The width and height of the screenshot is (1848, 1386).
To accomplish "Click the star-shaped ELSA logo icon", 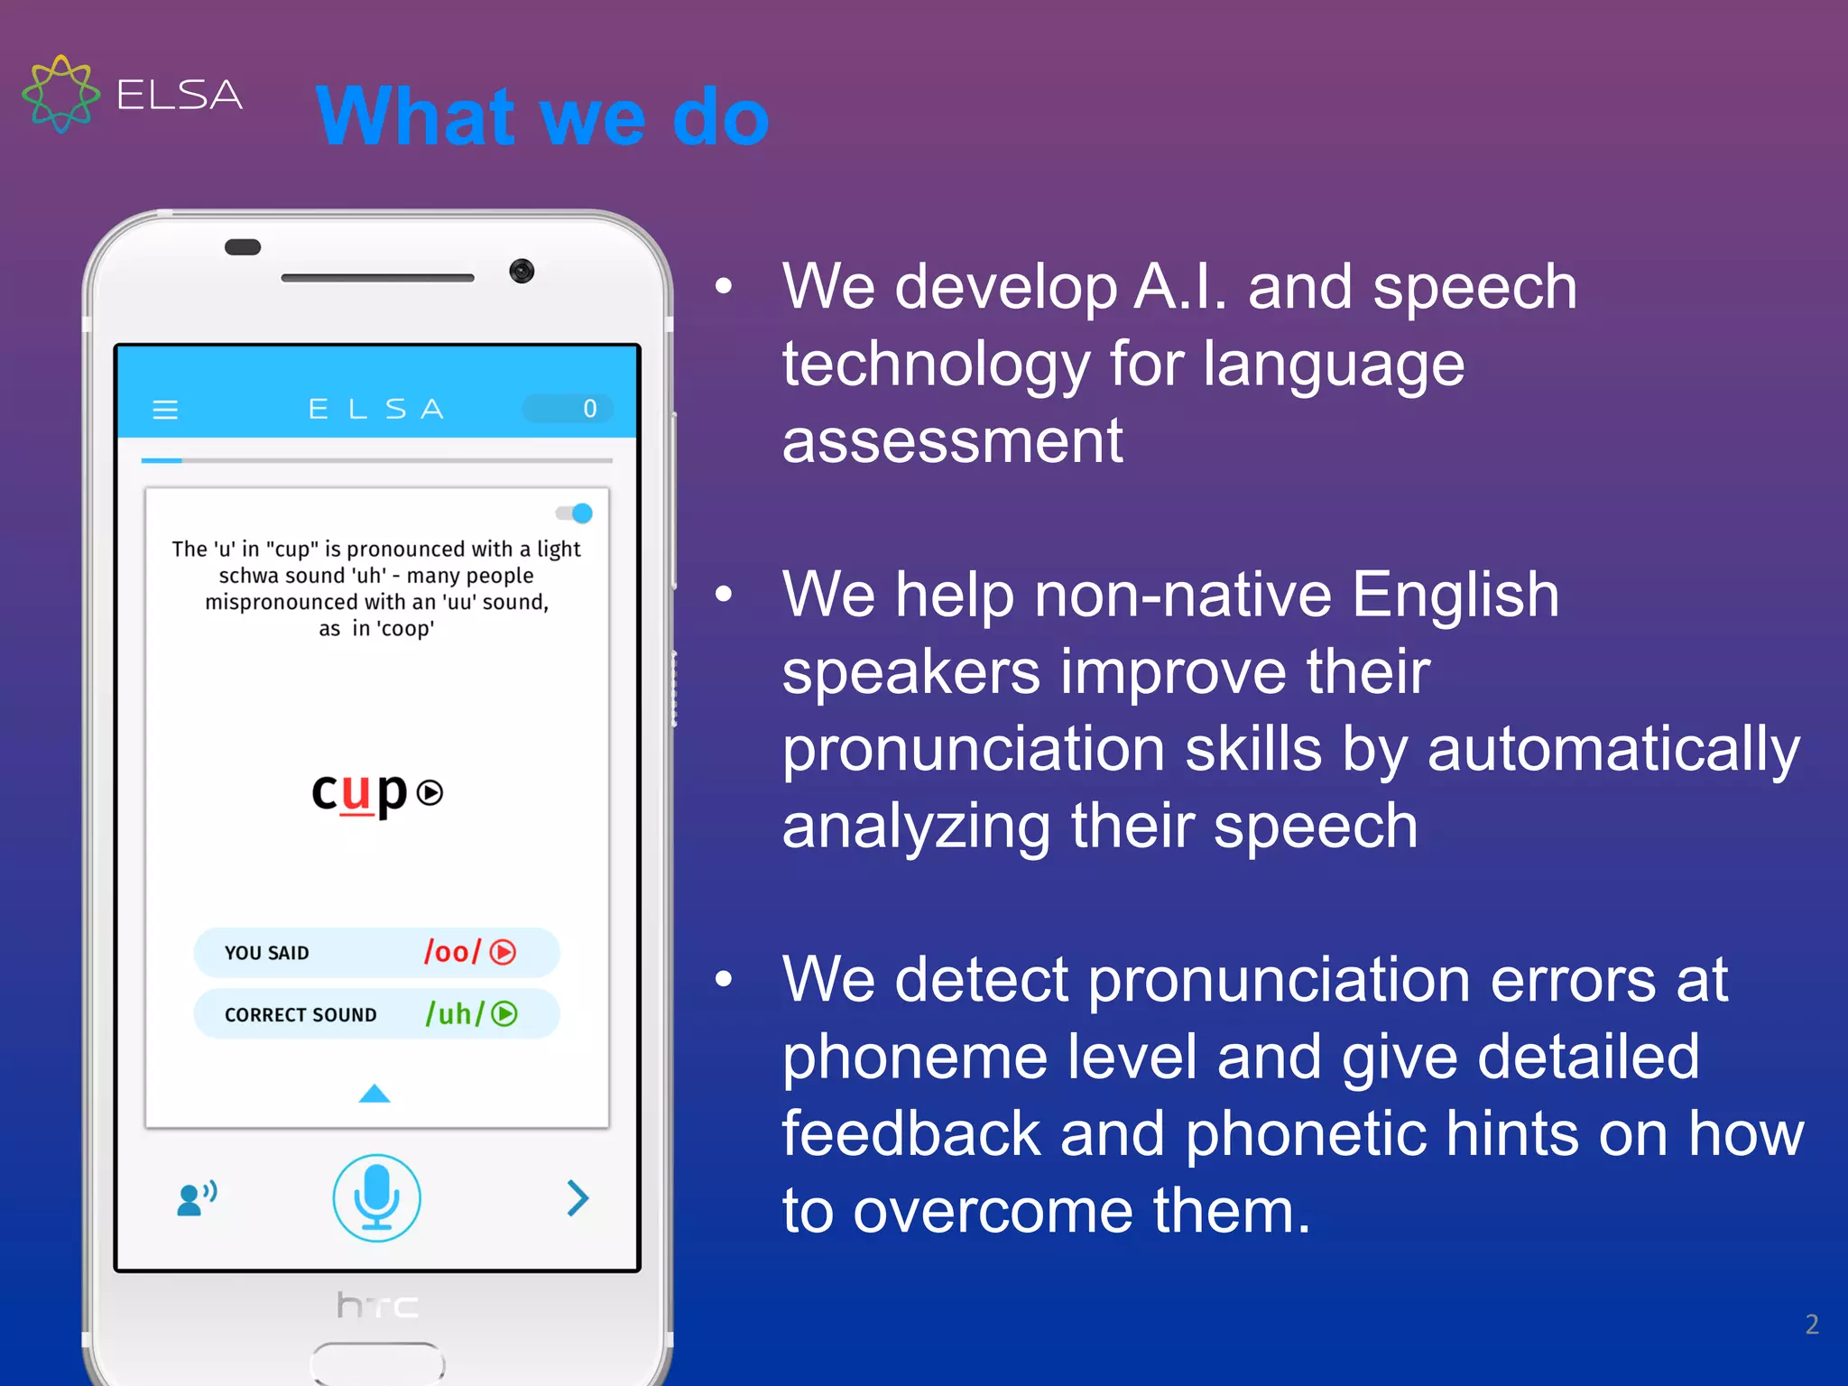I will coord(60,94).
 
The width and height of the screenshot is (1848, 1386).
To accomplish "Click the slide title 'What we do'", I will coord(542,117).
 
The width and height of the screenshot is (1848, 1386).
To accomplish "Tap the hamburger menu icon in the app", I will coord(165,410).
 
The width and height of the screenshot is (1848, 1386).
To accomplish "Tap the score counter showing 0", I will coord(568,409).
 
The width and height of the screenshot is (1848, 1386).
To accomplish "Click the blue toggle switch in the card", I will coord(575,513).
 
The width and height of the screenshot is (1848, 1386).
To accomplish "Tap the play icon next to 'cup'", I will coord(430,793).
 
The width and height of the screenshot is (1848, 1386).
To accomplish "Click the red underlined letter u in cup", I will coord(356,792).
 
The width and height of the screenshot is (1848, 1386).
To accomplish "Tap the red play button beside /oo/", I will coord(503,952).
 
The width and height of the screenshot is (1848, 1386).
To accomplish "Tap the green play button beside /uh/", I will coord(504,1014).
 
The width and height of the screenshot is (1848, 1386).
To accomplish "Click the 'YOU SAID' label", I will coord(266,953).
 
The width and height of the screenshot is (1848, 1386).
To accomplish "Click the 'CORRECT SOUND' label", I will coord(300,1015).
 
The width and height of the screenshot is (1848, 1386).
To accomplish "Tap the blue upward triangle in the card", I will coord(374,1094).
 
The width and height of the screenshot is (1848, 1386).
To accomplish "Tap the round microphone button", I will coord(376,1197).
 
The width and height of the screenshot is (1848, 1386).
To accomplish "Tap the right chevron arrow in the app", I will coord(577,1198).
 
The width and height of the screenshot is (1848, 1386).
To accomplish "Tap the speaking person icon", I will coord(197,1198).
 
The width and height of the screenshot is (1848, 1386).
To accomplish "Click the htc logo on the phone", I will coord(377,1305).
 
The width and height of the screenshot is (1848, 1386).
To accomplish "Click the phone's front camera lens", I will coord(522,271).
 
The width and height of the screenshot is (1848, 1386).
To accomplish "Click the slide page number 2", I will coord(1811,1324).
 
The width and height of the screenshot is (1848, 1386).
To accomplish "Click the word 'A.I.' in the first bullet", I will coord(1180,288).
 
